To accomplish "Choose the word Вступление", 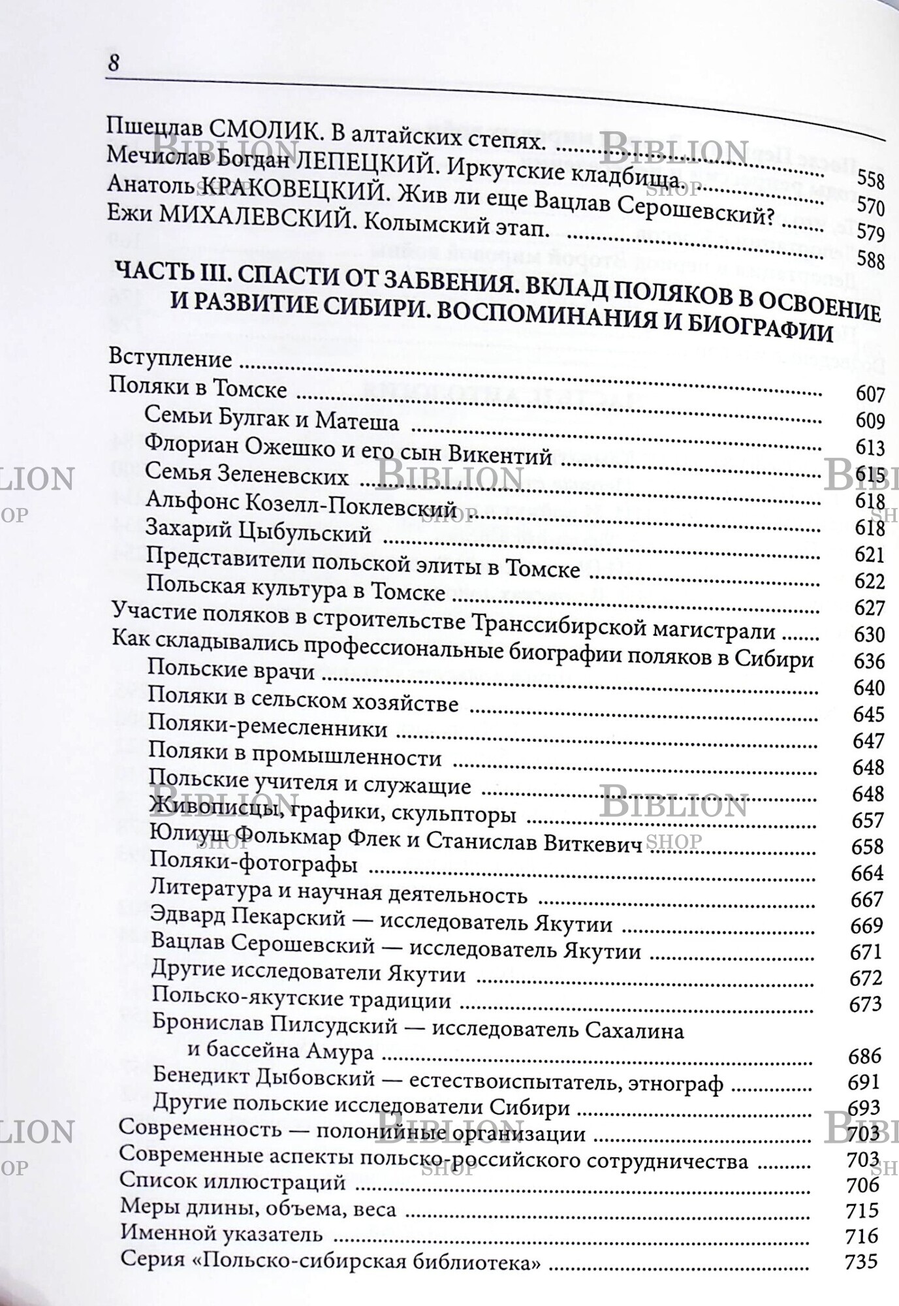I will click(170, 358).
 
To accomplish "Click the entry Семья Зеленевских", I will click(247, 476).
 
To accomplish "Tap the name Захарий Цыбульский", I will click(259, 534).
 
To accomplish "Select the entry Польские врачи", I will click(231, 670).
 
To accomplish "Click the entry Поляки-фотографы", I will click(253, 866).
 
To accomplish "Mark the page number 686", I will click(864, 1056).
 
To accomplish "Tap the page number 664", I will click(867, 873).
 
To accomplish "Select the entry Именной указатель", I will click(221, 1234).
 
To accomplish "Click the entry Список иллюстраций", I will click(232, 1182).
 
